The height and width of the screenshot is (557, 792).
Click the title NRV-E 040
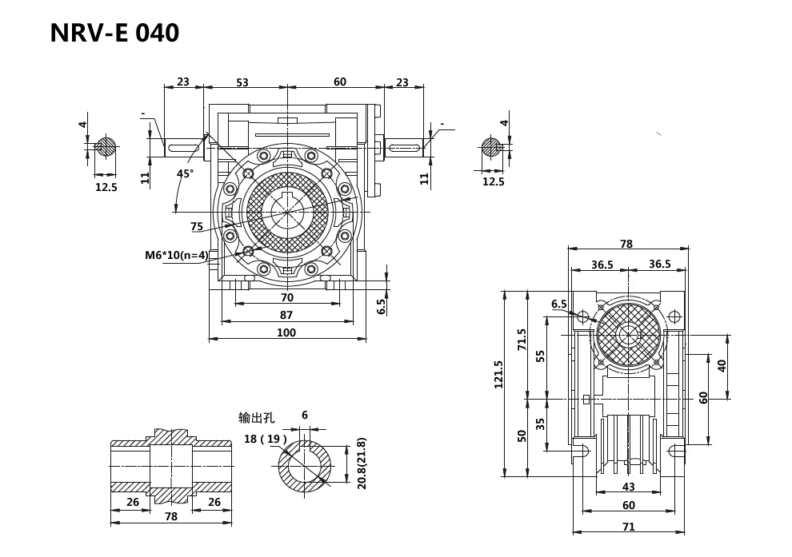click(114, 33)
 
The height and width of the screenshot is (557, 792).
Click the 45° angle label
click(185, 173)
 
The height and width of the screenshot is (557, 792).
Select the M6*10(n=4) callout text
click(177, 256)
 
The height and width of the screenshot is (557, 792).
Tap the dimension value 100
click(286, 332)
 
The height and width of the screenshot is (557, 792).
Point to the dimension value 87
click(286, 315)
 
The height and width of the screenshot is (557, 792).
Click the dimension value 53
click(242, 82)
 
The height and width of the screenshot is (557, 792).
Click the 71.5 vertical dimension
click(522, 340)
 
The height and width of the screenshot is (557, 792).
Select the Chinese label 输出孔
click(256, 418)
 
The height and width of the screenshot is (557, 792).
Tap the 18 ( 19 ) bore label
click(265, 439)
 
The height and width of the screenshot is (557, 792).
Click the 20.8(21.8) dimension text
click(361, 463)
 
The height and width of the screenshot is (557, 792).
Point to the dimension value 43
click(628, 487)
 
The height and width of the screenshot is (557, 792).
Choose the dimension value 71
click(628, 527)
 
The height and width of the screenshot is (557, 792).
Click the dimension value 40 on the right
click(722, 365)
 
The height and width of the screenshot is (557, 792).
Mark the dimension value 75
click(197, 227)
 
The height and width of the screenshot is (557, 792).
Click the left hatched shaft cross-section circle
click(106, 147)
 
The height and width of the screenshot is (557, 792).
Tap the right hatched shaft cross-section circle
click(491, 147)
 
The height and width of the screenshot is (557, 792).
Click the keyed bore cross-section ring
click(304, 467)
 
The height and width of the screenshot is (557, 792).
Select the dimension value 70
click(287, 297)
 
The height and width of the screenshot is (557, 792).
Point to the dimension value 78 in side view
click(626, 244)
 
